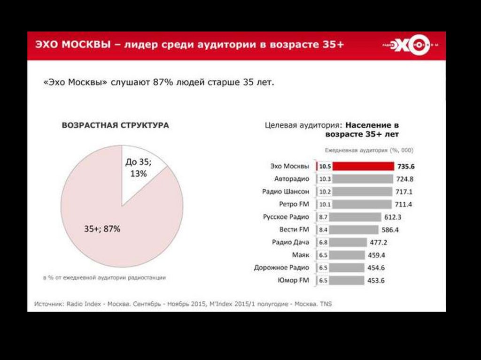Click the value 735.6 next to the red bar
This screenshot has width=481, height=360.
(406, 166)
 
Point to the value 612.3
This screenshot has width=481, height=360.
(394, 217)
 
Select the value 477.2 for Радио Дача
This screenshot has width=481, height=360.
(379, 242)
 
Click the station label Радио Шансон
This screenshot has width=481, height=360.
(286, 191)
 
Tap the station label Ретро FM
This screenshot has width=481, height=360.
(294, 204)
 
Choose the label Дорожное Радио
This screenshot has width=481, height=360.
(281, 268)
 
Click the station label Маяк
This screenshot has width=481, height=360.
(301, 255)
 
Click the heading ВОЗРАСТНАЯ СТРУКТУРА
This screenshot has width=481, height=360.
(116, 126)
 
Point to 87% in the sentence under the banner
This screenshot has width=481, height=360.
(162, 82)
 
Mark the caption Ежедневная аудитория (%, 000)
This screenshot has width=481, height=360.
(369, 150)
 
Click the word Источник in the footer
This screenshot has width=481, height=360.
(49, 304)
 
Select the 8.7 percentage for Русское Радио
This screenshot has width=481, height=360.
(324, 217)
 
